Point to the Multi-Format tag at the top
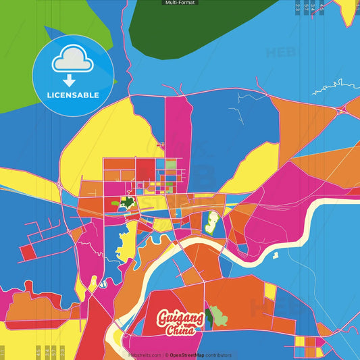[180, 3]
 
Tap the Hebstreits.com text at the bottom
[144, 355]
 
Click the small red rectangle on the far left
[28, 253]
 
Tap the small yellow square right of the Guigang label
[270, 292]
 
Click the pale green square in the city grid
[171, 163]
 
